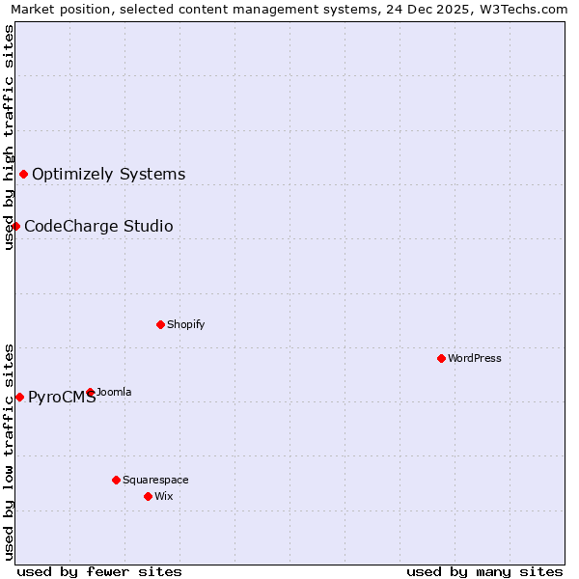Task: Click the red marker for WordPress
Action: pos(441,358)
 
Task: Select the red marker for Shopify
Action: pos(160,324)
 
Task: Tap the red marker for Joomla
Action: pos(90,392)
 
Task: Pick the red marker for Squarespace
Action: pos(116,480)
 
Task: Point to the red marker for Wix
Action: pos(148,496)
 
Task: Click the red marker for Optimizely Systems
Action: pos(23,174)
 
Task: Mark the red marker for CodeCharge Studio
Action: pos(15,226)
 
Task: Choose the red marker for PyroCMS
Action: pos(19,397)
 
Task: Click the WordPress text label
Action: pos(475,358)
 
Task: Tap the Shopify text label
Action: pos(186,324)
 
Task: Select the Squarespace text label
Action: pos(155,480)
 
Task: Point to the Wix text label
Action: pos(163,496)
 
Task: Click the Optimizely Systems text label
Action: pos(109,174)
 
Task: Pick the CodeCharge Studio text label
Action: pos(98,226)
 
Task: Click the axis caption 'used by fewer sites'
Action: pos(99,571)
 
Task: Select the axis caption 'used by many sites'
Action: pos(484,571)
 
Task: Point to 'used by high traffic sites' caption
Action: pos(9,137)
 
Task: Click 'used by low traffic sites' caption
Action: pos(9,451)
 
